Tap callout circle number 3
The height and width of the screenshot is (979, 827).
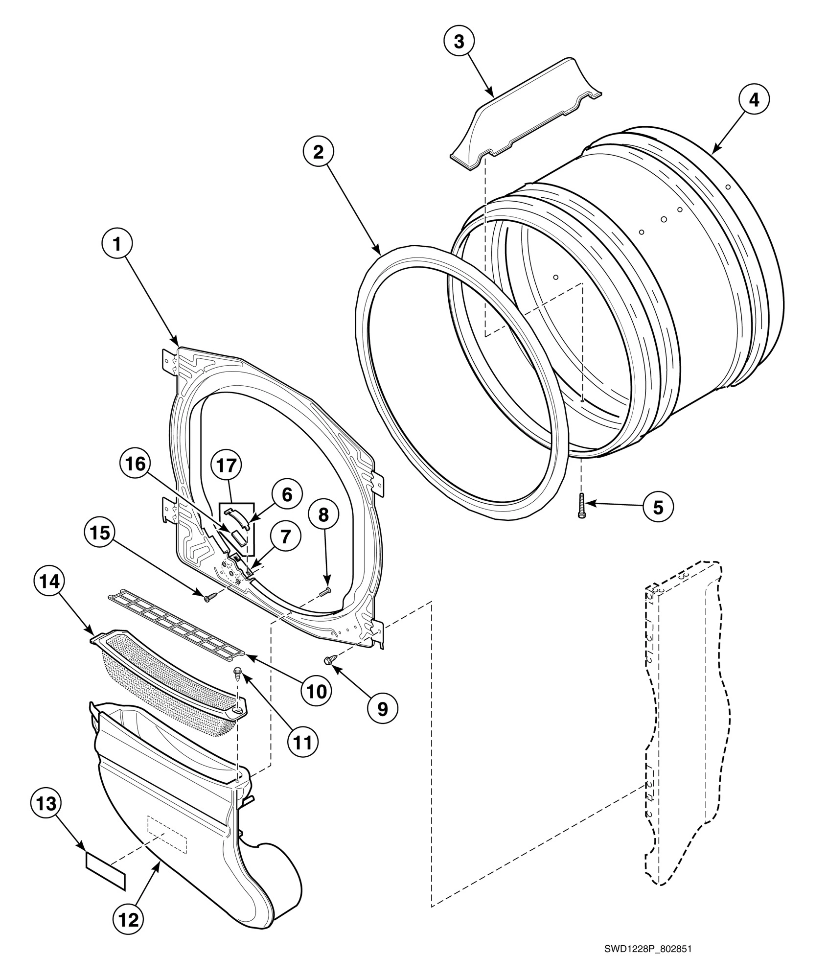click(x=459, y=42)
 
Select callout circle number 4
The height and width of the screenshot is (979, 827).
click(x=754, y=100)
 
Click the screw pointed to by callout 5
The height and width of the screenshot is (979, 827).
click(x=582, y=506)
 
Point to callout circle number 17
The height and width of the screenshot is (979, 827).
click(x=227, y=466)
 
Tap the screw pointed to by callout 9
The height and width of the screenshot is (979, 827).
click(x=329, y=660)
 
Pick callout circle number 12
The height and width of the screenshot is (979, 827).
click(x=129, y=919)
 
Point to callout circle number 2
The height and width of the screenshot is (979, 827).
click(x=319, y=152)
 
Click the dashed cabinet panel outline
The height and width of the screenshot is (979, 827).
click(x=685, y=724)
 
